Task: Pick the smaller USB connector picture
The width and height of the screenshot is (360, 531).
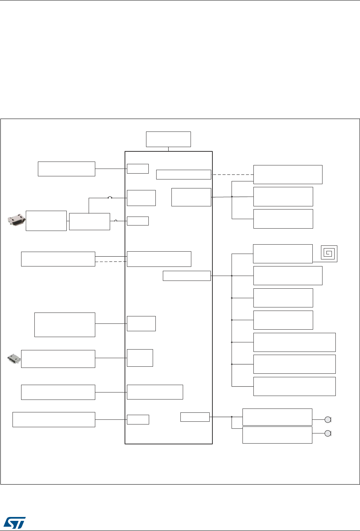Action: [x=14, y=358]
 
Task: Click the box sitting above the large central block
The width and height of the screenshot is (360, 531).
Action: [x=168, y=139]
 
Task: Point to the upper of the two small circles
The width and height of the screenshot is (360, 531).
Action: [x=328, y=420]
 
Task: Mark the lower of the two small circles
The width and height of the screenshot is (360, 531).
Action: [x=328, y=434]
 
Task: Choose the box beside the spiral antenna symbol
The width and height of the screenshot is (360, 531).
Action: [x=283, y=254]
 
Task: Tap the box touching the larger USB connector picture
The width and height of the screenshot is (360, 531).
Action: [x=46, y=220]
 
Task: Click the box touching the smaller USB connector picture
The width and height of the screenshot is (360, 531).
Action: [x=58, y=359]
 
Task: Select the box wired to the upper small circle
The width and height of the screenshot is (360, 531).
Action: [x=277, y=417]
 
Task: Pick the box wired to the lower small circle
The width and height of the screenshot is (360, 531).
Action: [x=277, y=435]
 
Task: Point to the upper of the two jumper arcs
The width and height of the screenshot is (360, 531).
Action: [x=110, y=198]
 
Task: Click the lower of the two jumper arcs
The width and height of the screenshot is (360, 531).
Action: [x=116, y=221]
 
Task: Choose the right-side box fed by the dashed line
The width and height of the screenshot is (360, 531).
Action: [x=288, y=174]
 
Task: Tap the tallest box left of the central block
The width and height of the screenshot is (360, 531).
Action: [x=65, y=324]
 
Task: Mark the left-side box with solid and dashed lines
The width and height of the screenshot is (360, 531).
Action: [x=58, y=259]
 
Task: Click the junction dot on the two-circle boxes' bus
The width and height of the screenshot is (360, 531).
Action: [x=232, y=417]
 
